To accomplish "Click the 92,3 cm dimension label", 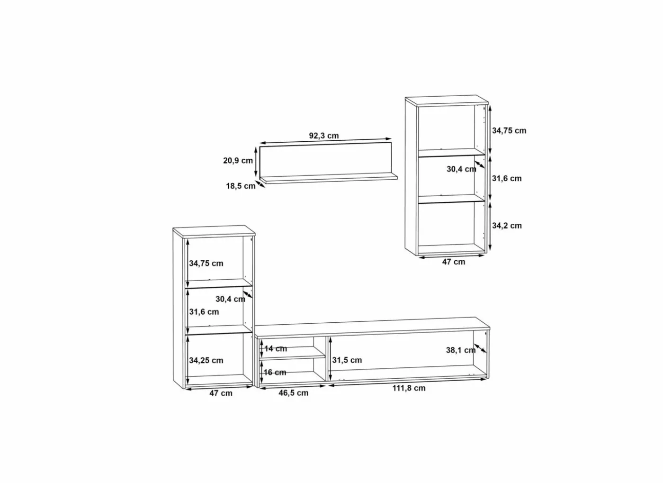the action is tap(324, 136).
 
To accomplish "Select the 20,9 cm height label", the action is tap(238, 161).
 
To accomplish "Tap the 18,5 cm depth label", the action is tap(241, 186).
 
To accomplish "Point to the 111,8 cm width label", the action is tap(409, 388).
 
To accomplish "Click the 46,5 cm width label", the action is tap(293, 393).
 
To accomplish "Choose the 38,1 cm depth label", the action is tap(461, 350).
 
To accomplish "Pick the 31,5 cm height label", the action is tap(347, 360).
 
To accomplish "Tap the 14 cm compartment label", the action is tap(276, 349).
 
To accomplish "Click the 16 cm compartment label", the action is tap(275, 373).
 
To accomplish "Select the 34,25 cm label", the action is tap(206, 360).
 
